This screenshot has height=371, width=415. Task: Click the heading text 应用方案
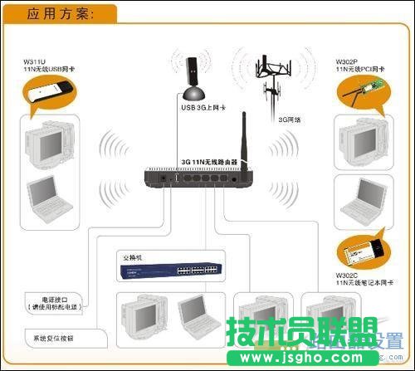click(59, 13)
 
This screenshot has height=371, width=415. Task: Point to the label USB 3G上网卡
click(203, 108)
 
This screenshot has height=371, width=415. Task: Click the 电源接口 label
click(41, 298)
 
